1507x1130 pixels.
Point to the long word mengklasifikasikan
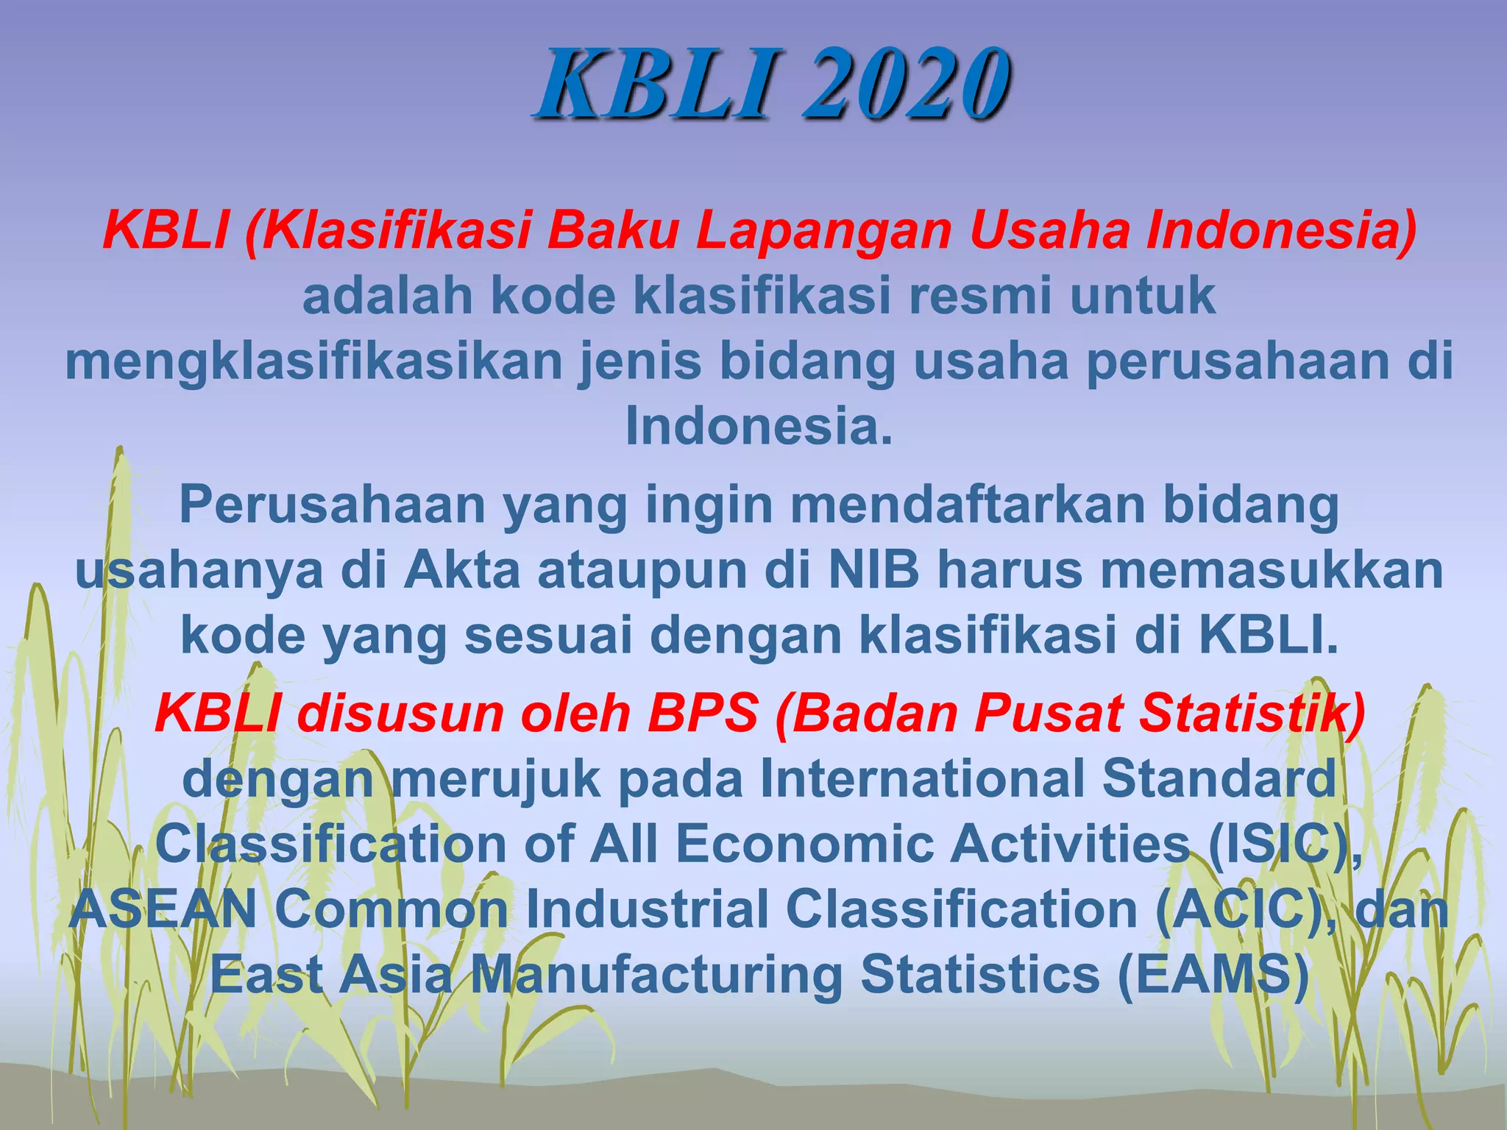pos(313,360)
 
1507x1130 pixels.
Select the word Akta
pos(462,570)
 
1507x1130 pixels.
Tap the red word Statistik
pos(1251,713)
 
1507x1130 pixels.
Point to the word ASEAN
pos(163,909)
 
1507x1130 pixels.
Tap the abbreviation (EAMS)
pos(1214,974)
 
